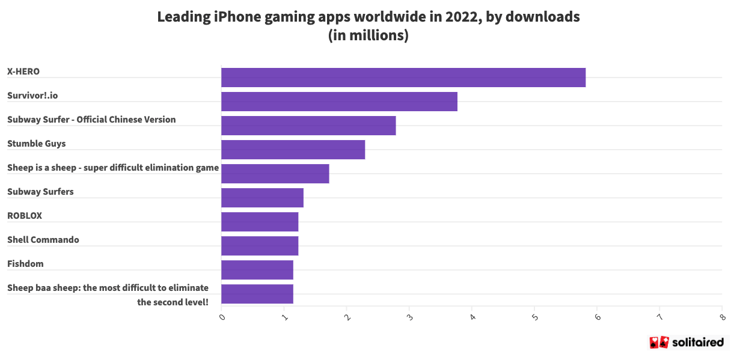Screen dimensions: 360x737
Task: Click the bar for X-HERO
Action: (x=403, y=78)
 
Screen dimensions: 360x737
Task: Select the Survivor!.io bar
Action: (x=339, y=102)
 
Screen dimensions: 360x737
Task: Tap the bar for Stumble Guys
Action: (x=293, y=150)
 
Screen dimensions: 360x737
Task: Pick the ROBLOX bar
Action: (x=260, y=222)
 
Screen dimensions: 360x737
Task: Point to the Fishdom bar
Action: (x=257, y=270)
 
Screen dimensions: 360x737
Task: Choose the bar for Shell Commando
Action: (x=260, y=246)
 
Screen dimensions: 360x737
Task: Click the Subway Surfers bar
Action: (x=262, y=198)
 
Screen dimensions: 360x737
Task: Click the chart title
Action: (x=368, y=26)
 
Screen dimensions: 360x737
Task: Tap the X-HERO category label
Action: (x=23, y=72)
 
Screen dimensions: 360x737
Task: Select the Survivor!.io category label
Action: (x=32, y=96)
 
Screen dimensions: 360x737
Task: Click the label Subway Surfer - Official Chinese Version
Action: (x=91, y=120)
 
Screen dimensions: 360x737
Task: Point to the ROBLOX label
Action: (x=25, y=216)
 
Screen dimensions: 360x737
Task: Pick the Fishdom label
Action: (x=25, y=264)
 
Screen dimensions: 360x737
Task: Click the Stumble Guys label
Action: (x=37, y=144)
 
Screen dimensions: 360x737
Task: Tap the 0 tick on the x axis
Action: (x=222, y=317)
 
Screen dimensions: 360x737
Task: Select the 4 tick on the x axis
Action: (x=472, y=317)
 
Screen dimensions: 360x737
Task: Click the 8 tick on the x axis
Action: (x=721, y=317)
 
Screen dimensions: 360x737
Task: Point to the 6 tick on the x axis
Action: (x=597, y=317)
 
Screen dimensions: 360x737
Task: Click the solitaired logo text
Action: (x=697, y=343)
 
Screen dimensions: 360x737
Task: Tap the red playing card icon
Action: (x=659, y=343)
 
